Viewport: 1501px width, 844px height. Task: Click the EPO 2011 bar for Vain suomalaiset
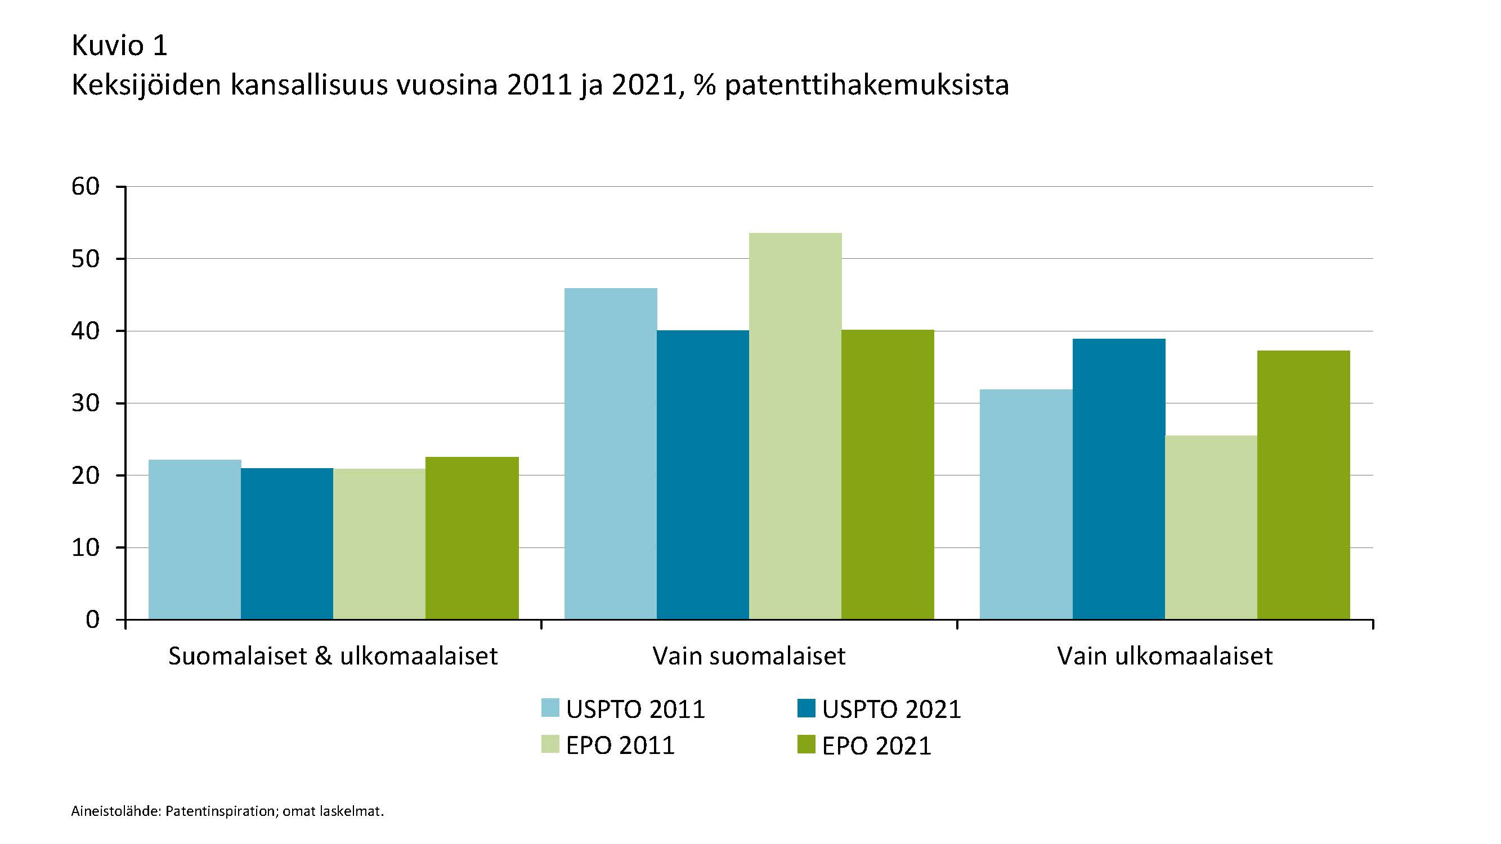click(795, 426)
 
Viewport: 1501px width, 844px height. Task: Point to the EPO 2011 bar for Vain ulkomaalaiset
click(1211, 527)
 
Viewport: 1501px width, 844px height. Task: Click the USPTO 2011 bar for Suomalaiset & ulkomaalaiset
click(195, 540)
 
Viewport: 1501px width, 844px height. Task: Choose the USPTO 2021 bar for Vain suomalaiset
click(703, 475)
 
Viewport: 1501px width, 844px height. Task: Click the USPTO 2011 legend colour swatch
click(550, 708)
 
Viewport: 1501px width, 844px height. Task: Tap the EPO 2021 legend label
click(876, 746)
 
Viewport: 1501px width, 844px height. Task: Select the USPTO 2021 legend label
click(891, 709)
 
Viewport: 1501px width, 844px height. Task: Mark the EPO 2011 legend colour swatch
click(550, 744)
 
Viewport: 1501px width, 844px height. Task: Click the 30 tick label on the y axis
click(86, 403)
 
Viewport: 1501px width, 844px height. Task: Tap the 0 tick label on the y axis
click(93, 619)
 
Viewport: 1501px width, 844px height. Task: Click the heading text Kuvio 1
click(119, 46)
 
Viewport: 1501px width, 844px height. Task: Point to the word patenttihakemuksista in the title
click(867, 86)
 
